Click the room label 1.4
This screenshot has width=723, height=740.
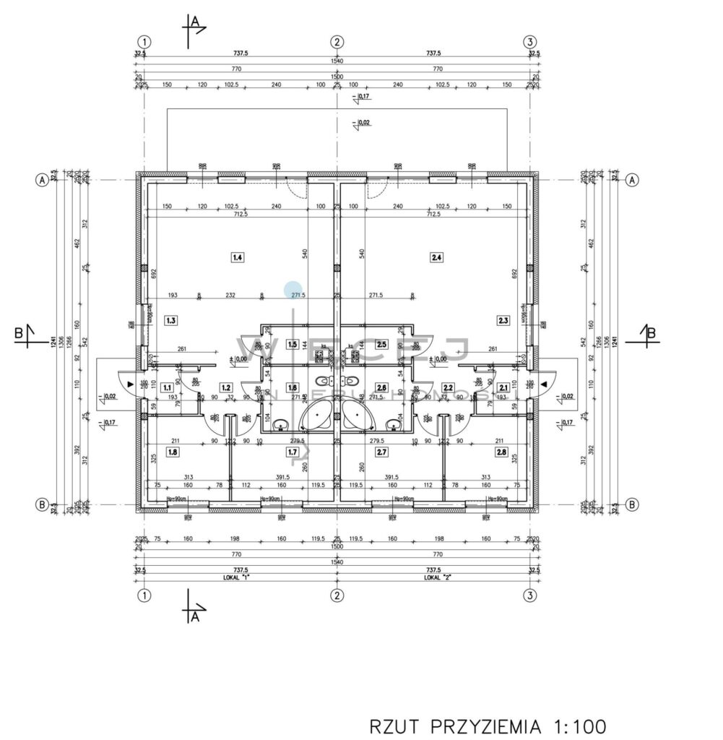237,256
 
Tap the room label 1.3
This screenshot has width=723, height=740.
170,319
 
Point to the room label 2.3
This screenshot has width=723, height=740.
503,319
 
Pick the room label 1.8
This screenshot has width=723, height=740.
172,452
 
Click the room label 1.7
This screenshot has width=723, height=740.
292,452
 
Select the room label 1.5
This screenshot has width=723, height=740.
292,345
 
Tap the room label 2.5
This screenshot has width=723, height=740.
382,345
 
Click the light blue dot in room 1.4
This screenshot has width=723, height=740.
293,289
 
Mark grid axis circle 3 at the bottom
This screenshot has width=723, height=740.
531,595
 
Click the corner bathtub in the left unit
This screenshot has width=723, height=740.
316,416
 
